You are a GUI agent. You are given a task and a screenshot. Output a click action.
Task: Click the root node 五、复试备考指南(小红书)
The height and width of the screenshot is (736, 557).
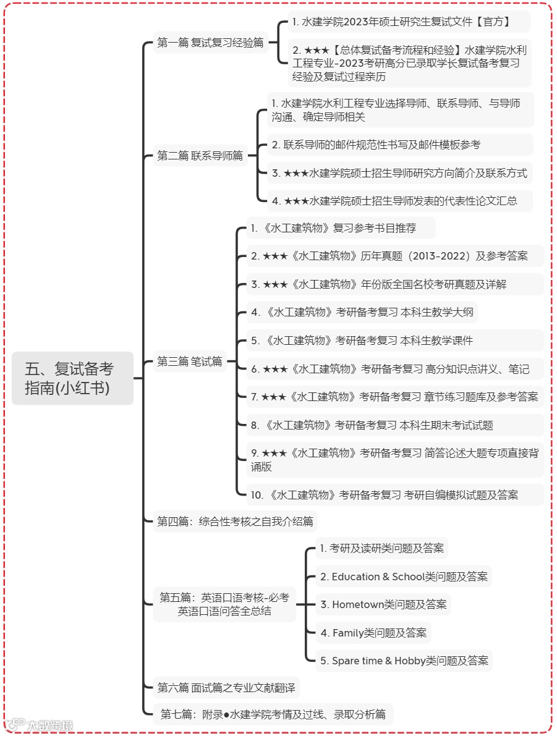[72, 378]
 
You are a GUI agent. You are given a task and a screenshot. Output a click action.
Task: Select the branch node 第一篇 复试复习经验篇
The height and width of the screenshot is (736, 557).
[210, 43]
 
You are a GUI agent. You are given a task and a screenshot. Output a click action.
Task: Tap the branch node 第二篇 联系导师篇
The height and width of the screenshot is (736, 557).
[200, 156]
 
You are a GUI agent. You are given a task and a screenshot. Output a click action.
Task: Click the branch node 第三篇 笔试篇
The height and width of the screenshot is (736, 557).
[189, 362]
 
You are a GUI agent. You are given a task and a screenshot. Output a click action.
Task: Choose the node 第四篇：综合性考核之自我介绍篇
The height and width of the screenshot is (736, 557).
[235, 522]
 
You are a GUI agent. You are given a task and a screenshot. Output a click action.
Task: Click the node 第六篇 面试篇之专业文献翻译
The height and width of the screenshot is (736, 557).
[226, 687]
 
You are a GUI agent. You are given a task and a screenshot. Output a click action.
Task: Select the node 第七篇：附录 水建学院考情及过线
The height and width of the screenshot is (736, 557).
[273, 714]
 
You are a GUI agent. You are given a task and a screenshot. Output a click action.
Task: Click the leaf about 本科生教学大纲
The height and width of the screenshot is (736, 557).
[362, 312]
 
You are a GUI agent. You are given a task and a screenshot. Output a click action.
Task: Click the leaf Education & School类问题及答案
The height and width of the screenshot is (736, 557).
[404, 577]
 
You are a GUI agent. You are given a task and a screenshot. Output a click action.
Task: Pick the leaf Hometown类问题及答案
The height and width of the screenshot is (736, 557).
[383, 604]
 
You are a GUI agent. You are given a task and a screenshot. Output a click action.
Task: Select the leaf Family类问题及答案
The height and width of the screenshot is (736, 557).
[373, 632]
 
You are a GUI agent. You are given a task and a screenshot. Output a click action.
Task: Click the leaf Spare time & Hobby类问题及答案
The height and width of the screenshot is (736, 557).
[404, 661]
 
